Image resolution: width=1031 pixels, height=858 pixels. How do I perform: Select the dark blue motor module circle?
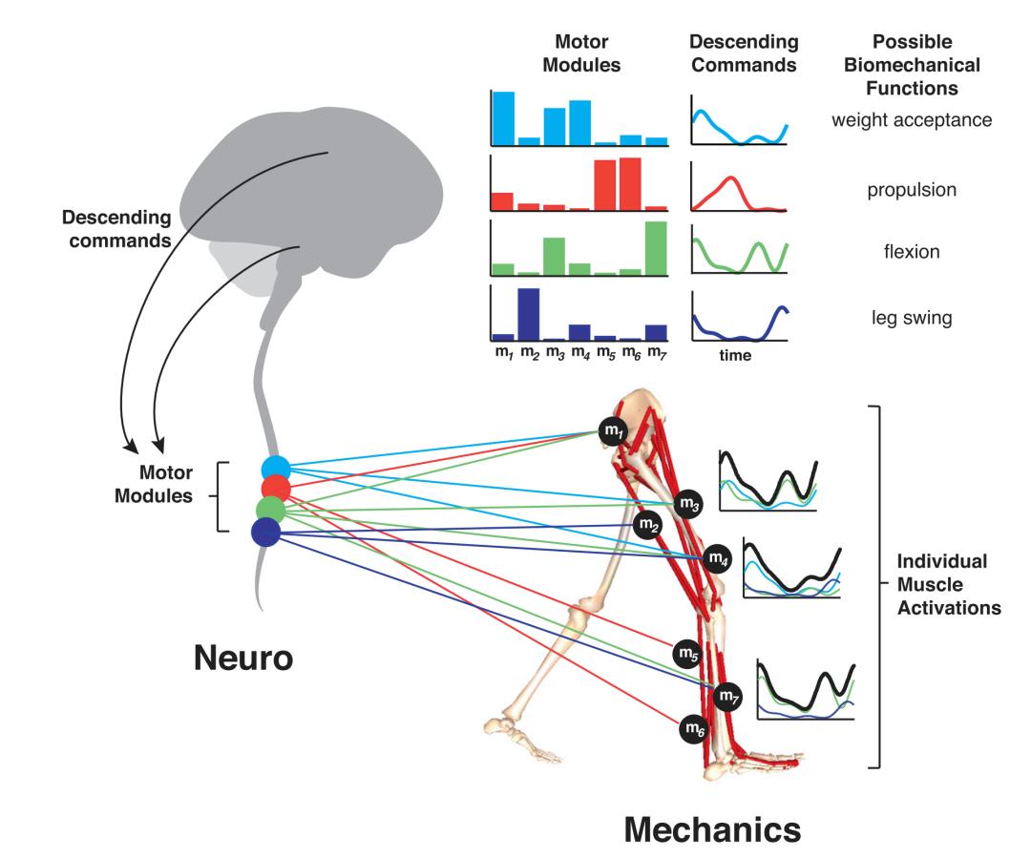(265, 532)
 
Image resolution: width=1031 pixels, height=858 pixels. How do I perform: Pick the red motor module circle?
(273, 488)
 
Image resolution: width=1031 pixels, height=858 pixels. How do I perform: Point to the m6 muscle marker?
(694, 730)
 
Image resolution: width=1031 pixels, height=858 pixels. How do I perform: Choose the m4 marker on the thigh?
(717, 558)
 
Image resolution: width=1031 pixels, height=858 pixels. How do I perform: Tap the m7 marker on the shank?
(728, 696)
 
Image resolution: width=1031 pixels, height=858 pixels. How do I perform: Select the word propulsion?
(912, 190)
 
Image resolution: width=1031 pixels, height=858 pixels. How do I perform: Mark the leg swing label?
(913, 318)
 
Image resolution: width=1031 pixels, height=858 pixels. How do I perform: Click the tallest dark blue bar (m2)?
(529, 314)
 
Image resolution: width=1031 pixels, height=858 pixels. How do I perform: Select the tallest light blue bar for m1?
(503, 117)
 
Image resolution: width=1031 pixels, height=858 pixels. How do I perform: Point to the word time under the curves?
(736, 356)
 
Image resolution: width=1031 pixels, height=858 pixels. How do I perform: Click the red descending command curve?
(729, 182)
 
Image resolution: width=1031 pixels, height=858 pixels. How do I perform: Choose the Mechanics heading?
(712, 830)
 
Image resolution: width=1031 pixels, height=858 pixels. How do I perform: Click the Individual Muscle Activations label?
(948, 584)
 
